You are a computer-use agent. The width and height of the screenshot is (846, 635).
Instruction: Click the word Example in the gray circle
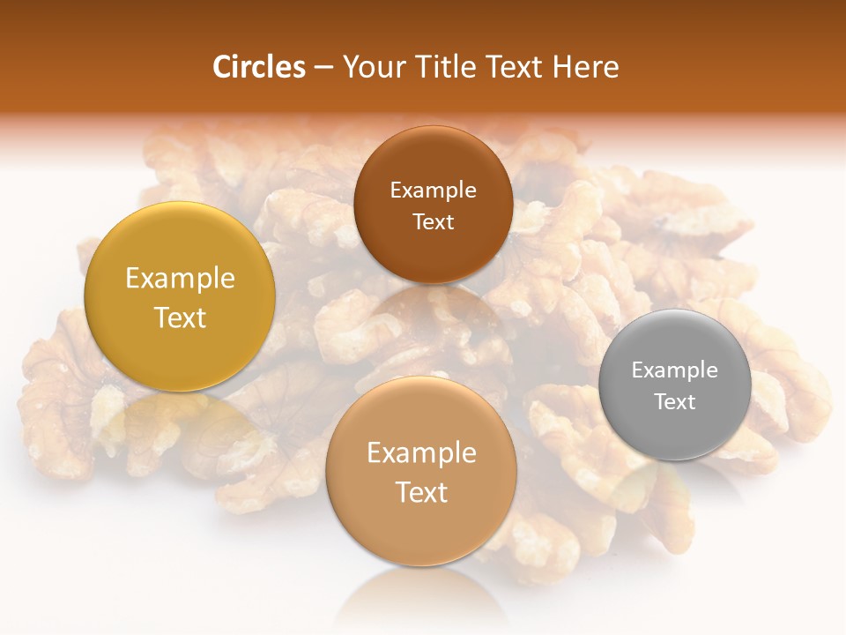click(674, 370)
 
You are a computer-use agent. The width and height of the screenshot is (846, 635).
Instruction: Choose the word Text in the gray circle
click(674, 401)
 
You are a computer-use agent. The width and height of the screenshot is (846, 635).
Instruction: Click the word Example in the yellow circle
click(180, 279)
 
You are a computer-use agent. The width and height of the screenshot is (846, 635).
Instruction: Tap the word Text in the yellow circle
click(180, 317)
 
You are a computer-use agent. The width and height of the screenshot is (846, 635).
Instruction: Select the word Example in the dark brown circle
click(433, 190)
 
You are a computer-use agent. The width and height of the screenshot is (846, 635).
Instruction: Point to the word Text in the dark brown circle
click(433, 221)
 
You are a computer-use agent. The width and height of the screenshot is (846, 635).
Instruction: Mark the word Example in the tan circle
click(421, 453)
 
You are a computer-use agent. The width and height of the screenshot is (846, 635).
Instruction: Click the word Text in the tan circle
click(421, 492)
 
